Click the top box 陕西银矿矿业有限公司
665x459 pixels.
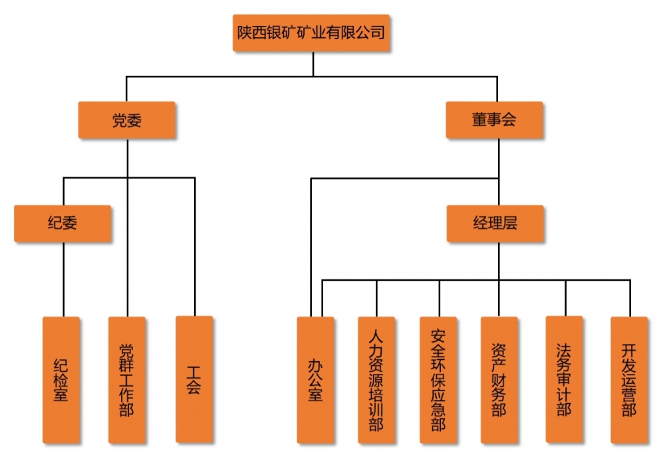click(x=311, y=32)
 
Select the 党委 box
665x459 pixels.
click(x=126, y=120)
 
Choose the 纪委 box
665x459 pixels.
click(x=63, y=224)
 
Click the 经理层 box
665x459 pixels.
click(x=495, y=224)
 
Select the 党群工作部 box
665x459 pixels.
click(x=126, y=379)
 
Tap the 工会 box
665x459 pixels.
click(x=194, y=379)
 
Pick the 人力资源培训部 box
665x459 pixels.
click(x=376, y=379)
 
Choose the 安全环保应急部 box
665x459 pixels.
click(x=438, y=379)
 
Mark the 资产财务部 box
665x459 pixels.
click(x=499, y=379)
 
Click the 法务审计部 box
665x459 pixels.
click(x=564, y=379)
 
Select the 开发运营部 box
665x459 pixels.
click(x=628, y=379)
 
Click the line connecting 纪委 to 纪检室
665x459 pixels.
click(x=63, y=279)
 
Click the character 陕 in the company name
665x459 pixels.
click(x=245, y=32)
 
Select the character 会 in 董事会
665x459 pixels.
click(x=509, y=120)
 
